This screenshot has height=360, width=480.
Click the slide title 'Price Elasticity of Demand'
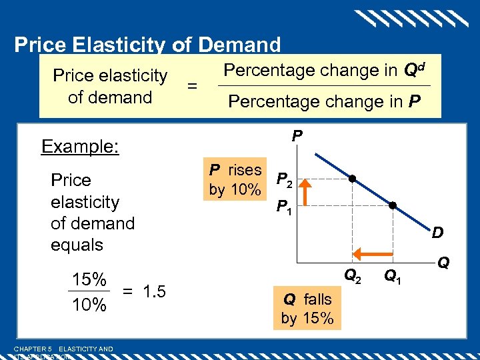[x=147, y=45]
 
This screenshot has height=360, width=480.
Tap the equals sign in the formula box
[x=192, y=86]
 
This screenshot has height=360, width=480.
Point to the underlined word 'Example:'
[x=80, y=146]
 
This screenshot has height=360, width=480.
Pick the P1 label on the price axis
[x=284, y=207]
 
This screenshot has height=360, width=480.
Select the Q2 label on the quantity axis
[x=353, y=274]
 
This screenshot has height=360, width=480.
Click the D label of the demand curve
[x=438, y=234]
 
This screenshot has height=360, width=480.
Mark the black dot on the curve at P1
[x=393, y=206]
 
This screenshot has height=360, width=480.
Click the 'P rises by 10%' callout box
[x=235, y=179]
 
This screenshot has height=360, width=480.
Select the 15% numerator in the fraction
[x=89, y=279]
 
